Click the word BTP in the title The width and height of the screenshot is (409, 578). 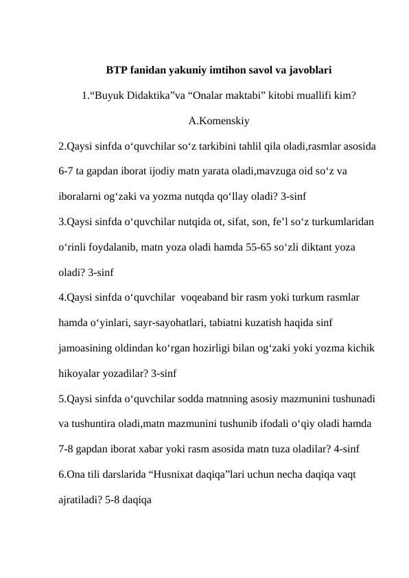(x=116, y=70)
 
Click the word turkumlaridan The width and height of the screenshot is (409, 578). (x=341, y=222)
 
